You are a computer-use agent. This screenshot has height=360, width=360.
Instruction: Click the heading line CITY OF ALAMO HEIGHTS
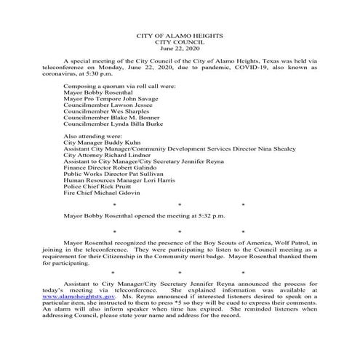click(x=180, y=36)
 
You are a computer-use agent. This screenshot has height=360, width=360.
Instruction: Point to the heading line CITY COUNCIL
click(x=180, y=41)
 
